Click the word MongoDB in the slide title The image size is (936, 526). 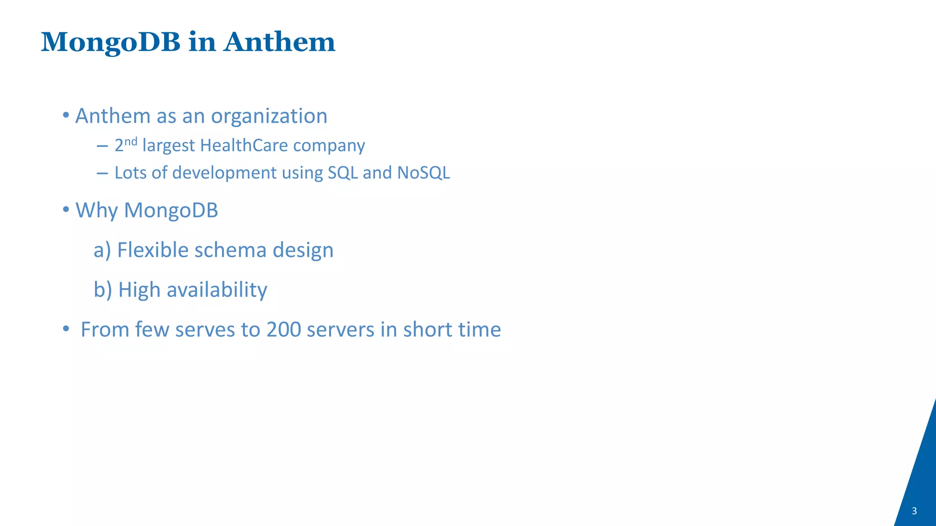tap(111, 43)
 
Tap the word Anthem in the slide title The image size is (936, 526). tap(279, 42)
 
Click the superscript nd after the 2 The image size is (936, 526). tap(131, 141)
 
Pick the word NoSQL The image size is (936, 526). tap(424, 173)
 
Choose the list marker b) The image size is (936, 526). tap(103, 290)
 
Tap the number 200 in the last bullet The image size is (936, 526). tap(283, 330)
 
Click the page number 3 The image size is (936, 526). tap(914, 511)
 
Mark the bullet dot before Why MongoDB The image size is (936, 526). tap(66, 210)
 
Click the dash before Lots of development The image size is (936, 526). tap(102, 173)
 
